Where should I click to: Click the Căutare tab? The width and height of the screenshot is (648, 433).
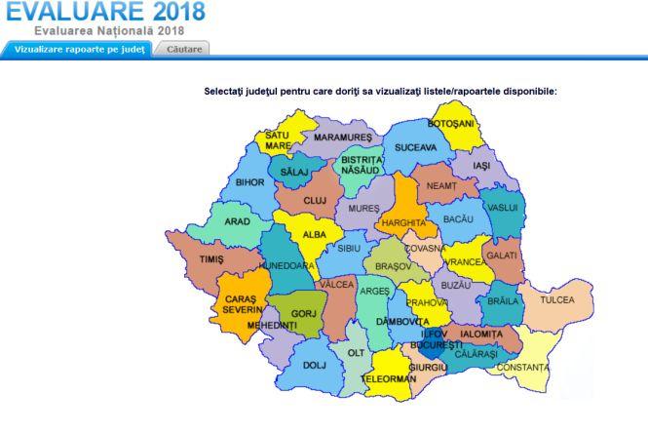point(183,48)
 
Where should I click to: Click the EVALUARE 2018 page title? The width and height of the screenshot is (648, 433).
point(106,12)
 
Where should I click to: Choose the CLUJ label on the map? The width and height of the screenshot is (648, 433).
point(314,200)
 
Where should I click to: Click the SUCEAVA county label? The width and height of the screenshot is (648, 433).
point(415,147)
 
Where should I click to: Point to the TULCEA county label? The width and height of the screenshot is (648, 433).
point(558,298)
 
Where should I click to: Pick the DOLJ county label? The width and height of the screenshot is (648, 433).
point(314,366)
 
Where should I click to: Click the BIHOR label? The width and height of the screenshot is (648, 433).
point(249,181)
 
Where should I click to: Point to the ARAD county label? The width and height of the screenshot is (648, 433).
point(237,221)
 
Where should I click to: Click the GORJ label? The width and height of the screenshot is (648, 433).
point(306,313)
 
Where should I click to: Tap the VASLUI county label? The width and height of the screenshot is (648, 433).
point(503,208)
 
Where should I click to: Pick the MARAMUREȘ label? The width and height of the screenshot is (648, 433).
point(344,138)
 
